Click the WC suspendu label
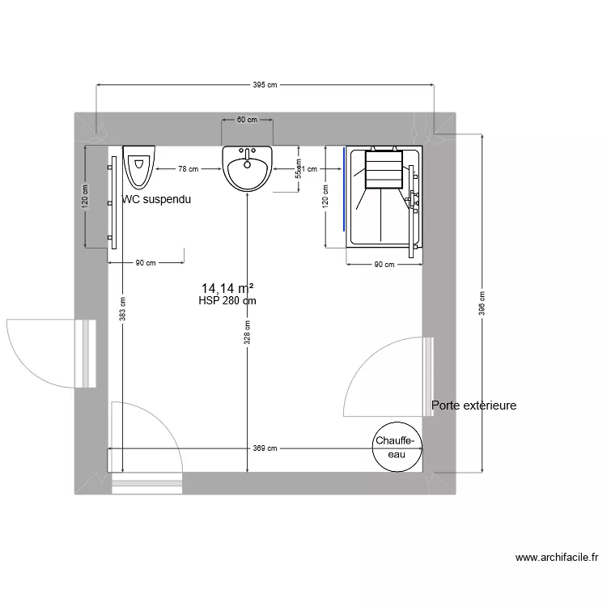coord(156,199)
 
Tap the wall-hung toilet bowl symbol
coord(139,166)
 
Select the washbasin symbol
coord(248,170)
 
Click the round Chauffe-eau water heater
coord(396,448)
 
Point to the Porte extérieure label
coord(473,405)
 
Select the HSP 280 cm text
coord(227,301)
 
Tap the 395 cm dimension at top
coord(265,84)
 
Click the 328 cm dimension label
coord(248,332)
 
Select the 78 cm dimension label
coord(188,169)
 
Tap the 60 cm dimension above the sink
coord(247,120)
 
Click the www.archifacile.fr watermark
coord(557,557)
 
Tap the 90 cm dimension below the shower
coord(384,265)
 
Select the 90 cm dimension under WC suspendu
coord(146,262)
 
